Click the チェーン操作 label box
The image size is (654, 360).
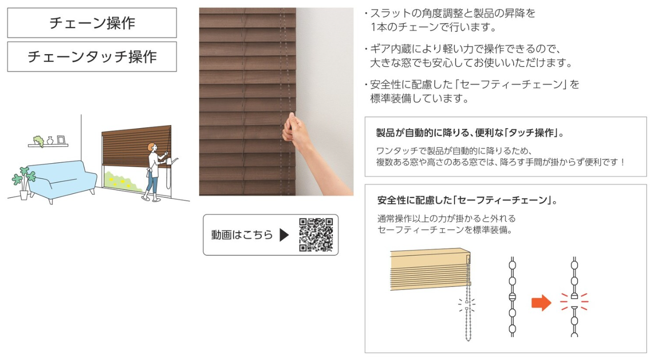(x=92, y=23)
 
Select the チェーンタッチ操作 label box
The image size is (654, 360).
(x=92, y=57)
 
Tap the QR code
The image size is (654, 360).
(x=316, y=235)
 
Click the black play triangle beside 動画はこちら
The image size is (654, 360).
(x=284, y=235)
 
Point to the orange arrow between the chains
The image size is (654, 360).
(x=541, y=303)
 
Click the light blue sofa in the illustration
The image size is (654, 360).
(x=62, y=181)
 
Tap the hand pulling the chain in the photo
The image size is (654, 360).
(x=295, y=131)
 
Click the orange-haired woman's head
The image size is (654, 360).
(x=152, y=147)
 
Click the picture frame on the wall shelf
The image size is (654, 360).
(x=61, y=140)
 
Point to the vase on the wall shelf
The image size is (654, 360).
(x=50, y=141)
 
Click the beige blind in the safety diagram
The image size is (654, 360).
(x=430, y=269)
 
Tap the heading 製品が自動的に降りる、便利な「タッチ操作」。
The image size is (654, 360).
(x=470, y=133)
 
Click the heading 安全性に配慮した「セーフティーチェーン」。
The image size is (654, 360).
(x=467, y=200)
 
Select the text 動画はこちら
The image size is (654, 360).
(x=242, y=235)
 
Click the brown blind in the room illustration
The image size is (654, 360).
(x=136, y=147)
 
